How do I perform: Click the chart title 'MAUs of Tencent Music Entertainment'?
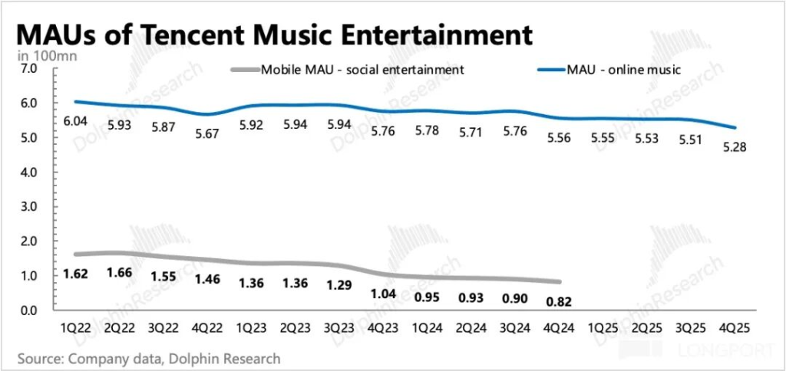(273, 35)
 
